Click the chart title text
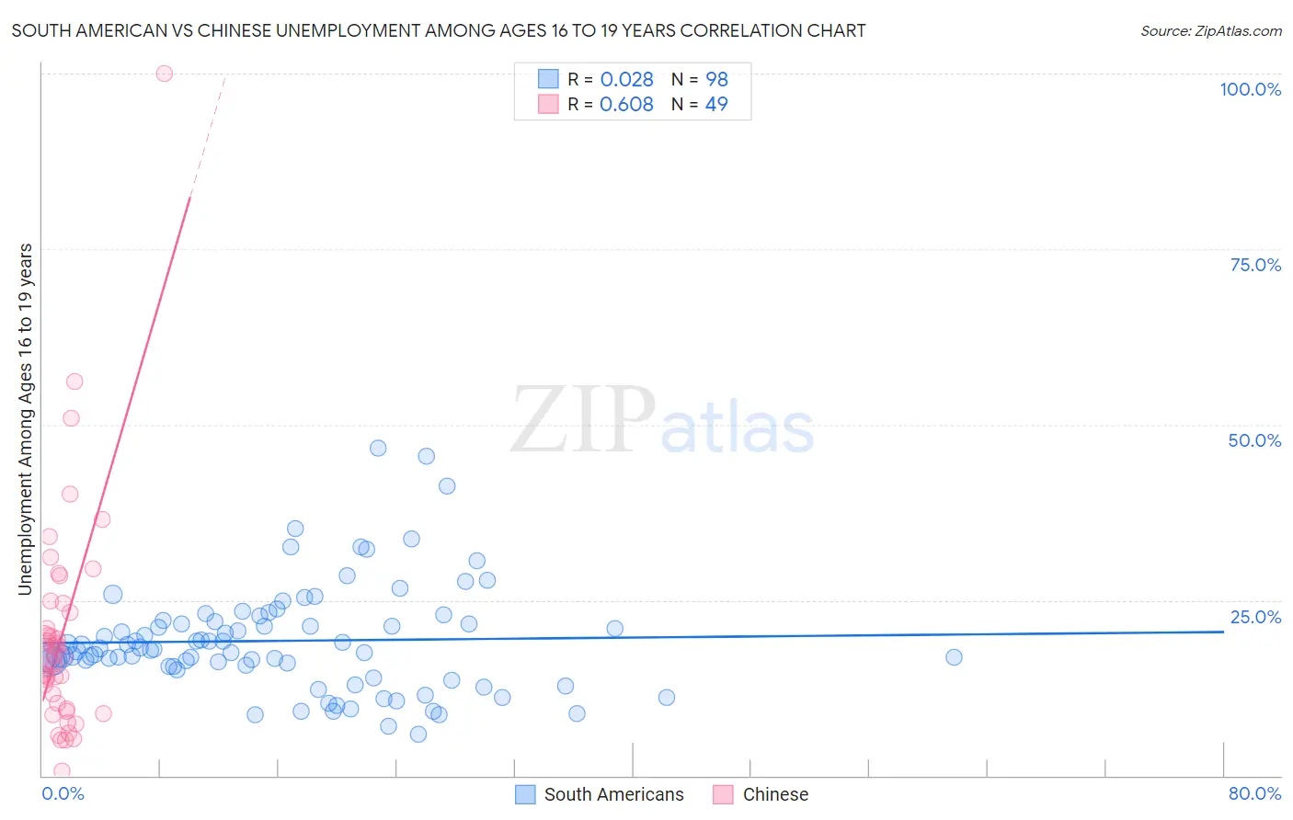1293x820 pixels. pos(439,30)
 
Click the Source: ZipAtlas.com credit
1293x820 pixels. pos(1210,30)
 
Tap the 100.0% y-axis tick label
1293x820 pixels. pos(1250,89)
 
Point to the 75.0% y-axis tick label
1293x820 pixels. pos(1255,265)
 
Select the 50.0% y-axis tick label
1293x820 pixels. pos(1254,440)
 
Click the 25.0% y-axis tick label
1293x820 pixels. pos(1255,617)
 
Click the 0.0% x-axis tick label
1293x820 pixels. pos(63,793)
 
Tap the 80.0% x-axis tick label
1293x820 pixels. pos(1254,793)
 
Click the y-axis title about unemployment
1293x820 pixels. pos(26,419)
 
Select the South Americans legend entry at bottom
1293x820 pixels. pos(613,794)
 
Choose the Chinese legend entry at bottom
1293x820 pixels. pos(775,794)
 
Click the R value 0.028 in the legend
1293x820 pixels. pos(626,80)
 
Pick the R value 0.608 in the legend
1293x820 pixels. pos(626,105)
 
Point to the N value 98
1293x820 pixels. pos(716,80)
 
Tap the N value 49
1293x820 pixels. pos(716,105)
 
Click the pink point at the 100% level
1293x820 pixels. pos(164,74)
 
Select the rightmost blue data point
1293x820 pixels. pos(954,657)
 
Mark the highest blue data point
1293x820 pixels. pos(378,449)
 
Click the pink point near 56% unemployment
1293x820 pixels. pos(74,382)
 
